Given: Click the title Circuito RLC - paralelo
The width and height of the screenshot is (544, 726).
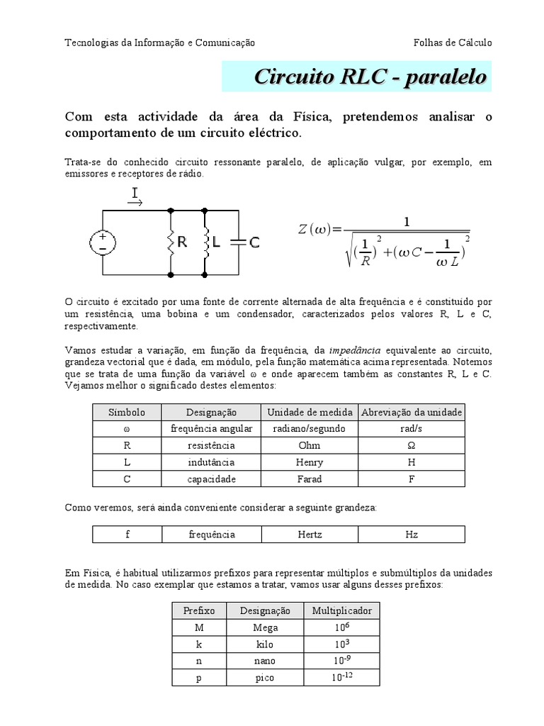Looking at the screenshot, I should click(370, 77).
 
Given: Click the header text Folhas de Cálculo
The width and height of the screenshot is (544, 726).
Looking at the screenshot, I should click(453, 43).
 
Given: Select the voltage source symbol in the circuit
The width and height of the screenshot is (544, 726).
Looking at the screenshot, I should click(103, 242).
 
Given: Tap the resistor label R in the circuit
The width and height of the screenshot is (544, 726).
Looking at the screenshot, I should click(182, 242).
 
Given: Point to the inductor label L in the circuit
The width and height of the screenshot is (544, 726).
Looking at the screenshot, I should click(217, 242).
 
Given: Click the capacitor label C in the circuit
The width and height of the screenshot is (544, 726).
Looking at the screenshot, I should click(254, 242).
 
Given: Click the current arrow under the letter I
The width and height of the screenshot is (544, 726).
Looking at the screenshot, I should click(135, 203).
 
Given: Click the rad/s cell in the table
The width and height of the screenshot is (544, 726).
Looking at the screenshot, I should click(412, 428).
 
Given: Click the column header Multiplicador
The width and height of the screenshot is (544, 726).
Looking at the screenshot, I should click(341, 610).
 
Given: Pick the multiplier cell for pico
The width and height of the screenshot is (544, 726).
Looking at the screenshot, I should click(341, 678).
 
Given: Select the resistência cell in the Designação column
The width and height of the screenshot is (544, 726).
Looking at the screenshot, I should click(211, 445).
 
